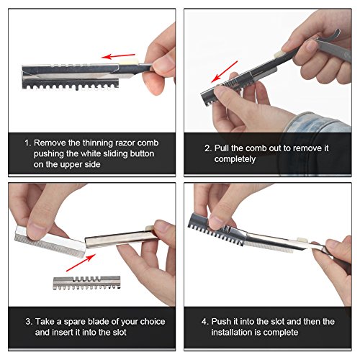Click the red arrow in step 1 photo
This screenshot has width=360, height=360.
pyautogui.click(x=118, y=56)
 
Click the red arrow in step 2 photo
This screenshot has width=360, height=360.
pyautogui.click(x=224, y=71)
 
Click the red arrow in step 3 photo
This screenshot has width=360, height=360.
pyautogui.click(x=81, y=263)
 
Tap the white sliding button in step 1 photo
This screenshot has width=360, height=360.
pyautogui.click(x=128, y=62)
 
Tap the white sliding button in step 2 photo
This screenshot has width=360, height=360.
pyautogui.click(x=279, y=55)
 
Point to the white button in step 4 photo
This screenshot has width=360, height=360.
pyautogui.click(x=302, y=240)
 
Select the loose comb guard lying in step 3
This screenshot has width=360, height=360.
pyautogui.click(x=86, y=283)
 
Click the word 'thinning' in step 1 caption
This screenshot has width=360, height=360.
pyautogui.click(x=97, y=143)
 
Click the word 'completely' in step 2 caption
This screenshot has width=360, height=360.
pyautogui.click(x=235, y=159)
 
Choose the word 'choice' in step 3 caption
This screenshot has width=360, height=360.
pyautogui.click(x=153, y=321)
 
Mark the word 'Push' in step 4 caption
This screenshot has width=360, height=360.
pyautogui.click(x=221, y=321)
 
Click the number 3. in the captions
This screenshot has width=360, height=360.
pyautogui.click(x=29, y=322)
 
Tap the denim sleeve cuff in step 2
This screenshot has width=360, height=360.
pyautogui.click(x=317, y=122)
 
